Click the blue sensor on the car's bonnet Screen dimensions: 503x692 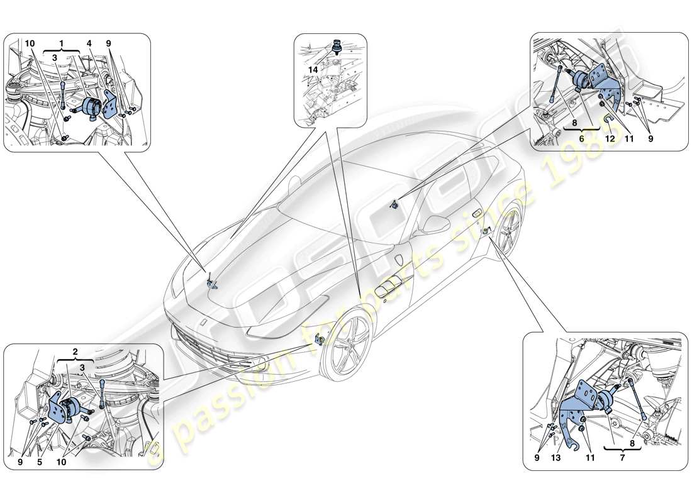tap(211, 282)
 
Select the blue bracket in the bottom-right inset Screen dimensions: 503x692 tap(578, 409)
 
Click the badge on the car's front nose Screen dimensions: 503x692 tap(204, 321)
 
